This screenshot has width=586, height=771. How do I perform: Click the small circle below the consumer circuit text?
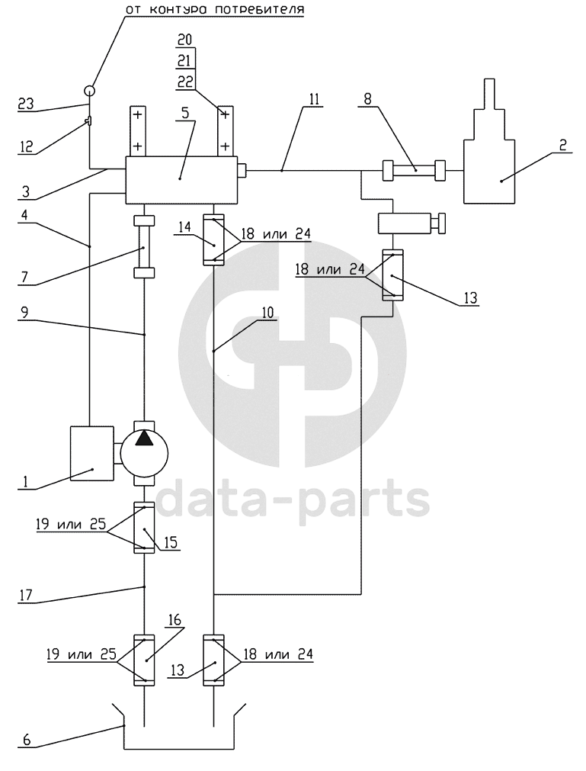point(89,91)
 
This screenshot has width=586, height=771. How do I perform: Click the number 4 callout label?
point(27,215)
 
